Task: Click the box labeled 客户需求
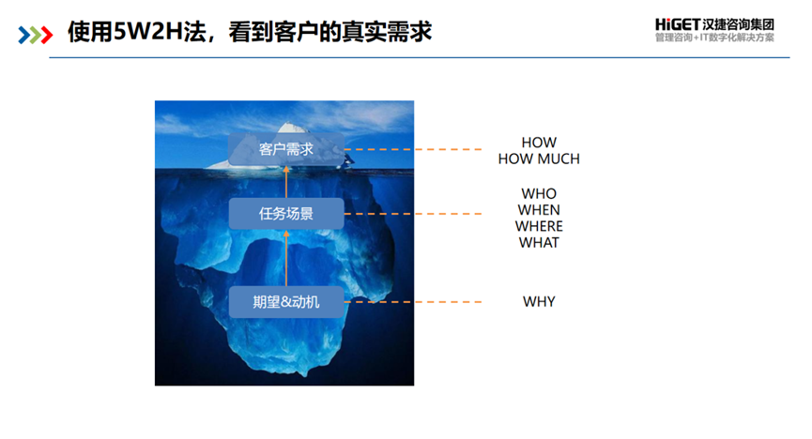(x=286, y=148)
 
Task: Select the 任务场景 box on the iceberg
(x=286, y=214)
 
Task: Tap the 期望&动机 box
(x=286, y=301)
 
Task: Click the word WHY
(x=539, y=302)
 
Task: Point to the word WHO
(x=539, y=194)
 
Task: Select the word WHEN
(x=539, y=210)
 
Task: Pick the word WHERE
(x=539, y=226)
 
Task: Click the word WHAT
(x=539, y=242)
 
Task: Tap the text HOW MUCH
(x=539, y=159)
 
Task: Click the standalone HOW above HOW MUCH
(x=539, y=143)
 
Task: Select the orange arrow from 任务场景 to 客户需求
(x=286, y=181)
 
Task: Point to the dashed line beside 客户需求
(x=413, y=148)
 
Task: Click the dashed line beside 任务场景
(x=413, y=214)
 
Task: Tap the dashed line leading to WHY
(x=413, y=301)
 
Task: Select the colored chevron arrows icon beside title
(x=36, y=34)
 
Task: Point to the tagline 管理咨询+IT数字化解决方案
(x=721, y=38)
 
